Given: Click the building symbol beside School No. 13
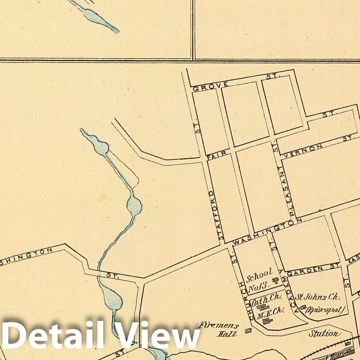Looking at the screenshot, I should (x=275, y=281).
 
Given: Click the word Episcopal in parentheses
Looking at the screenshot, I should (x=325, y=310).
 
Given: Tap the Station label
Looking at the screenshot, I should (x=323, y=334).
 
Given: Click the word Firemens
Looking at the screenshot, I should (x=214, y=324).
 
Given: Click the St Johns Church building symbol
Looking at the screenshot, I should (x=304, y=307).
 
